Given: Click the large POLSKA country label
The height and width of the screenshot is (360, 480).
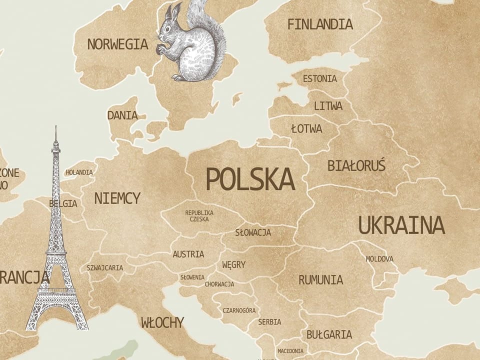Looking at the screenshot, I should [x=250, y=179].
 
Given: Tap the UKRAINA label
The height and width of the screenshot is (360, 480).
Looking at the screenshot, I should [x=401, y=225].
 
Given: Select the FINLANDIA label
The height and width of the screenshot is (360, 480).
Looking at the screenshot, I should [x=320, y=24].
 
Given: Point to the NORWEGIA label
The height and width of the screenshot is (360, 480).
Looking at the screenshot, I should [x=117, y=44].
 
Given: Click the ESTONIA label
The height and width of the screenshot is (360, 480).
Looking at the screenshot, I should [x=319, y=78].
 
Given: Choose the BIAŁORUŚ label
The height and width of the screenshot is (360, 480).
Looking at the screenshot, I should [x=356, y=165].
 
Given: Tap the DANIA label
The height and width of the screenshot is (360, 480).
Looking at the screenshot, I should [x=122, y=115].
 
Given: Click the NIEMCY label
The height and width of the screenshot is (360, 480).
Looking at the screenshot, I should [x=117, y=198].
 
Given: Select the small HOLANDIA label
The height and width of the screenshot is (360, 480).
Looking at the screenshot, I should [x=79, y=172].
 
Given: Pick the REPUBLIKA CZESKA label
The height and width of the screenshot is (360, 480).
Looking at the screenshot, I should [x=199, y=215].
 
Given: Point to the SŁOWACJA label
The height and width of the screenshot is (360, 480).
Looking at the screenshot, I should [x=253, y=232].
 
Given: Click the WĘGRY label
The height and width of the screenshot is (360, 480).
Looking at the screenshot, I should [x=233, y=264].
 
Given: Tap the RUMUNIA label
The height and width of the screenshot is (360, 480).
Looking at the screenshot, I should [x=320, y=279].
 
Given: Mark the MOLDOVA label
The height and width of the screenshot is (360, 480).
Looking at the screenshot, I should [x=379, y=259].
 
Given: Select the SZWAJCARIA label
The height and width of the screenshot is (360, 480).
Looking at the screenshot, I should [x=104, y=267].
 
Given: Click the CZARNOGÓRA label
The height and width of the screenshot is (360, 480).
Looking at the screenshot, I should [x=239, y=310].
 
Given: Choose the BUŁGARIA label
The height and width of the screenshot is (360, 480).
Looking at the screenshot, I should [x=329, y=334].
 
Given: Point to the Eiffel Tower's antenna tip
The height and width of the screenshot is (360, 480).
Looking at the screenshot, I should [x=56, y=127].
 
